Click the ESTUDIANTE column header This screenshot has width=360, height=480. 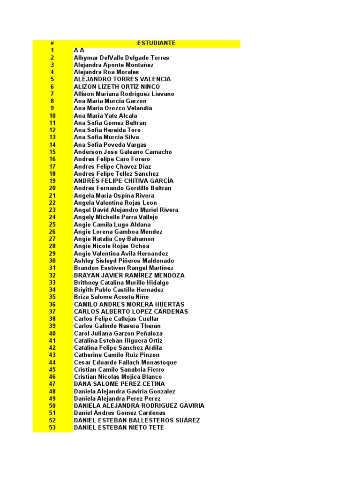156,43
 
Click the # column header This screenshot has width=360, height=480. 52,43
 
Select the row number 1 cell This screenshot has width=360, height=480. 52,50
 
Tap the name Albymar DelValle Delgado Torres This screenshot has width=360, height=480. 121,58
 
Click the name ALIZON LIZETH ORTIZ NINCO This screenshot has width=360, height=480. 117,87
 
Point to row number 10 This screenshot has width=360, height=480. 52,116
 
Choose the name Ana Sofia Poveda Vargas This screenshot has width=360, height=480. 110,145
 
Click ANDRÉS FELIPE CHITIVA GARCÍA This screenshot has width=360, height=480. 124,181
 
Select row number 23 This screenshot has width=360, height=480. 52,210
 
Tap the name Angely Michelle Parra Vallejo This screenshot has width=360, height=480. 116,217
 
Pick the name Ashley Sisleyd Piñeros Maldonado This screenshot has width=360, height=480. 124,261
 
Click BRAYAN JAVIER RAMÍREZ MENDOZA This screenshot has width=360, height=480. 129,275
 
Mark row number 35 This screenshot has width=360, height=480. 52,297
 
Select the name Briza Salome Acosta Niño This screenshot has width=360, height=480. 111,297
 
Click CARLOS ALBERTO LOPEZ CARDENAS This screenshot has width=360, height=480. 131,311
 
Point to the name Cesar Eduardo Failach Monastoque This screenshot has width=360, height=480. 125,362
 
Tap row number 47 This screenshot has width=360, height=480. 52,384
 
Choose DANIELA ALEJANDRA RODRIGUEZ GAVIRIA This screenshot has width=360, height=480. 139,405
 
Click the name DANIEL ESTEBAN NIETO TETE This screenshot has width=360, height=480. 119,427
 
